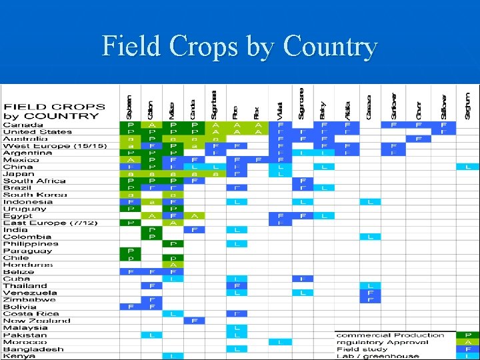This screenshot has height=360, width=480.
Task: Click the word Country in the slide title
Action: (x=330, y=47)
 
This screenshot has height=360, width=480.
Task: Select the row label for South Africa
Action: (x=34, y=181)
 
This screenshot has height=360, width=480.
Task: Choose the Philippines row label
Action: (x=31, y=244)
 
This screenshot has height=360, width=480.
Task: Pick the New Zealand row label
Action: (x=36, y=321)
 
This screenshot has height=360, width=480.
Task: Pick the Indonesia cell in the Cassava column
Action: (x=369, y=202)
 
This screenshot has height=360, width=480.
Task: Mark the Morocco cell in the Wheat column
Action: (x=280, y=342)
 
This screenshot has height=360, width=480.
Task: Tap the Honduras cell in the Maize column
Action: (x=173, y=265)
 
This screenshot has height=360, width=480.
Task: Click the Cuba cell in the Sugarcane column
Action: (x=302, y=279)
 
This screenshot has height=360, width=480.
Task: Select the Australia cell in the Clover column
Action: (x=418, y=139)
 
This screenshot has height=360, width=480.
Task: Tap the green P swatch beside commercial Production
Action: (x=467, y=335)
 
